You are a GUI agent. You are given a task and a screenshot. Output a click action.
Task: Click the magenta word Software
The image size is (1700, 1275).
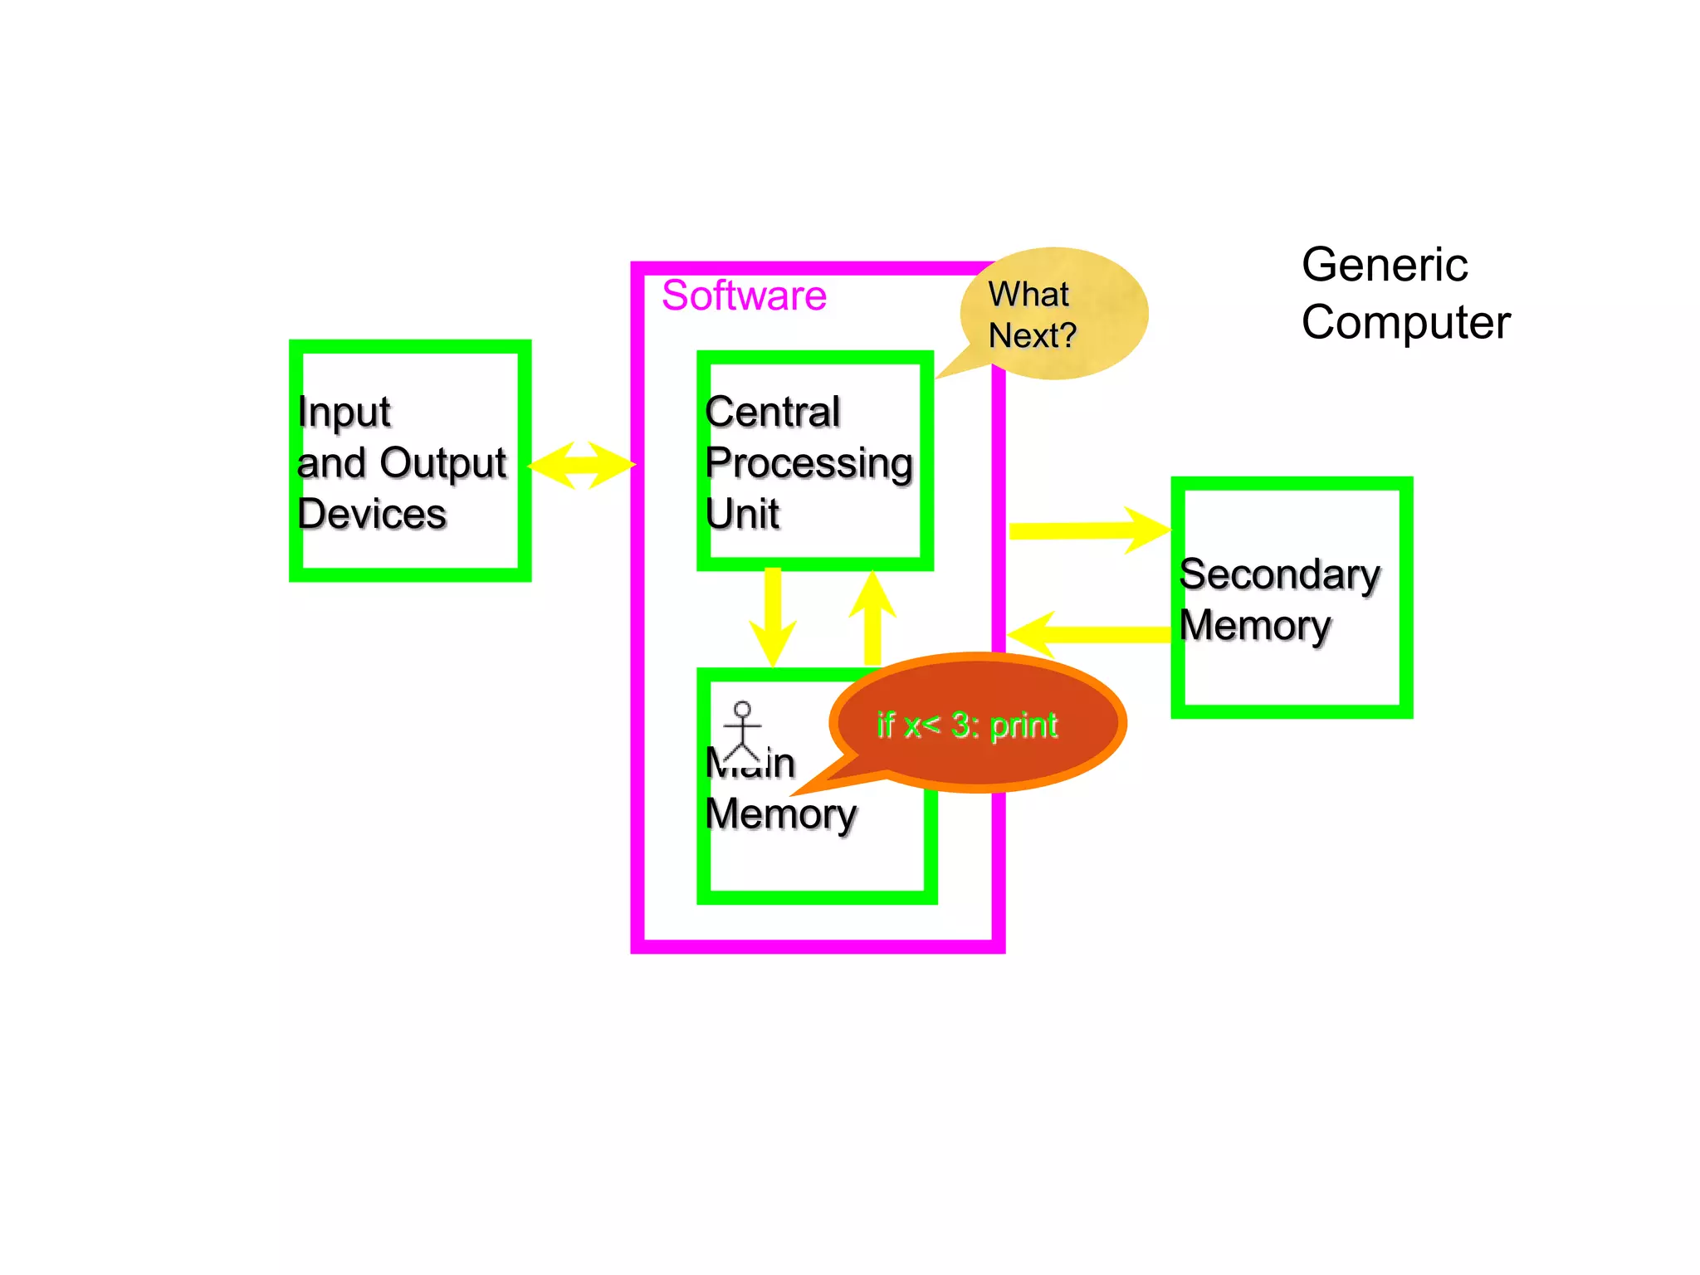coord(744,296)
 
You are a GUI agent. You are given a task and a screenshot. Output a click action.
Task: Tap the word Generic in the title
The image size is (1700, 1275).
coord(1384,266)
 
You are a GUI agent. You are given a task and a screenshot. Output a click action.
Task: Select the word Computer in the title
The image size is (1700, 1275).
coord(1405,322)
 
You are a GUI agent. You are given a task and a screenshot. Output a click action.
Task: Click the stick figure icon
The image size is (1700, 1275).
coord(742,730)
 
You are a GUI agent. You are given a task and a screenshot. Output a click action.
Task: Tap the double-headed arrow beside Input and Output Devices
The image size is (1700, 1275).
coord(581,465)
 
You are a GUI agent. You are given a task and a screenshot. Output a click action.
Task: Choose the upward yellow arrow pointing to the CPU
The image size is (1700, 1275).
coord(872,618)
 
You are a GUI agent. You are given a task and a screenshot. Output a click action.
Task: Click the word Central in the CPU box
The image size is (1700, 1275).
coord(772,412)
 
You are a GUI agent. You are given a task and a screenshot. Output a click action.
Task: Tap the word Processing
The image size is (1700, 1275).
coord(808,463)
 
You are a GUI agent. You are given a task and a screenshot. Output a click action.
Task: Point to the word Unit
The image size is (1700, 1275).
coord(741,514)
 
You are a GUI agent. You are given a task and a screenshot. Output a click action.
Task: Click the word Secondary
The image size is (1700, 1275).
coord(1279,574)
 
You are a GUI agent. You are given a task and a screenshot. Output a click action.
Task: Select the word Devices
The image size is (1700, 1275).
coord(372,514)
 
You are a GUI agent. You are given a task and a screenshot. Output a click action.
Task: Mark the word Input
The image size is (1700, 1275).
coord(344,412)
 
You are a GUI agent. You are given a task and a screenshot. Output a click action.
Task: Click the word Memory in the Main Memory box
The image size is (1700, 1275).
coord(780,814)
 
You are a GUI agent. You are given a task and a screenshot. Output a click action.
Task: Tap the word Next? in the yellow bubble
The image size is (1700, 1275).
coord(1032,336)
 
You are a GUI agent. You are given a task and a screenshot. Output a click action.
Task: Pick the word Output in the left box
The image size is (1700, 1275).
coord(443,463)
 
